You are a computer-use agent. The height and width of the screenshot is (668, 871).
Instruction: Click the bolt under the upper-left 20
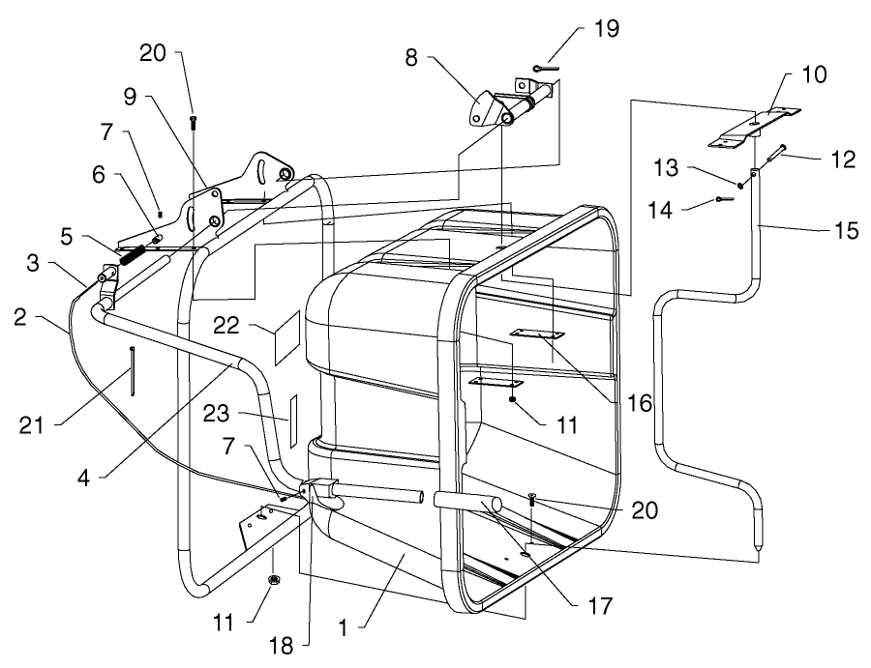click(193, 121)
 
